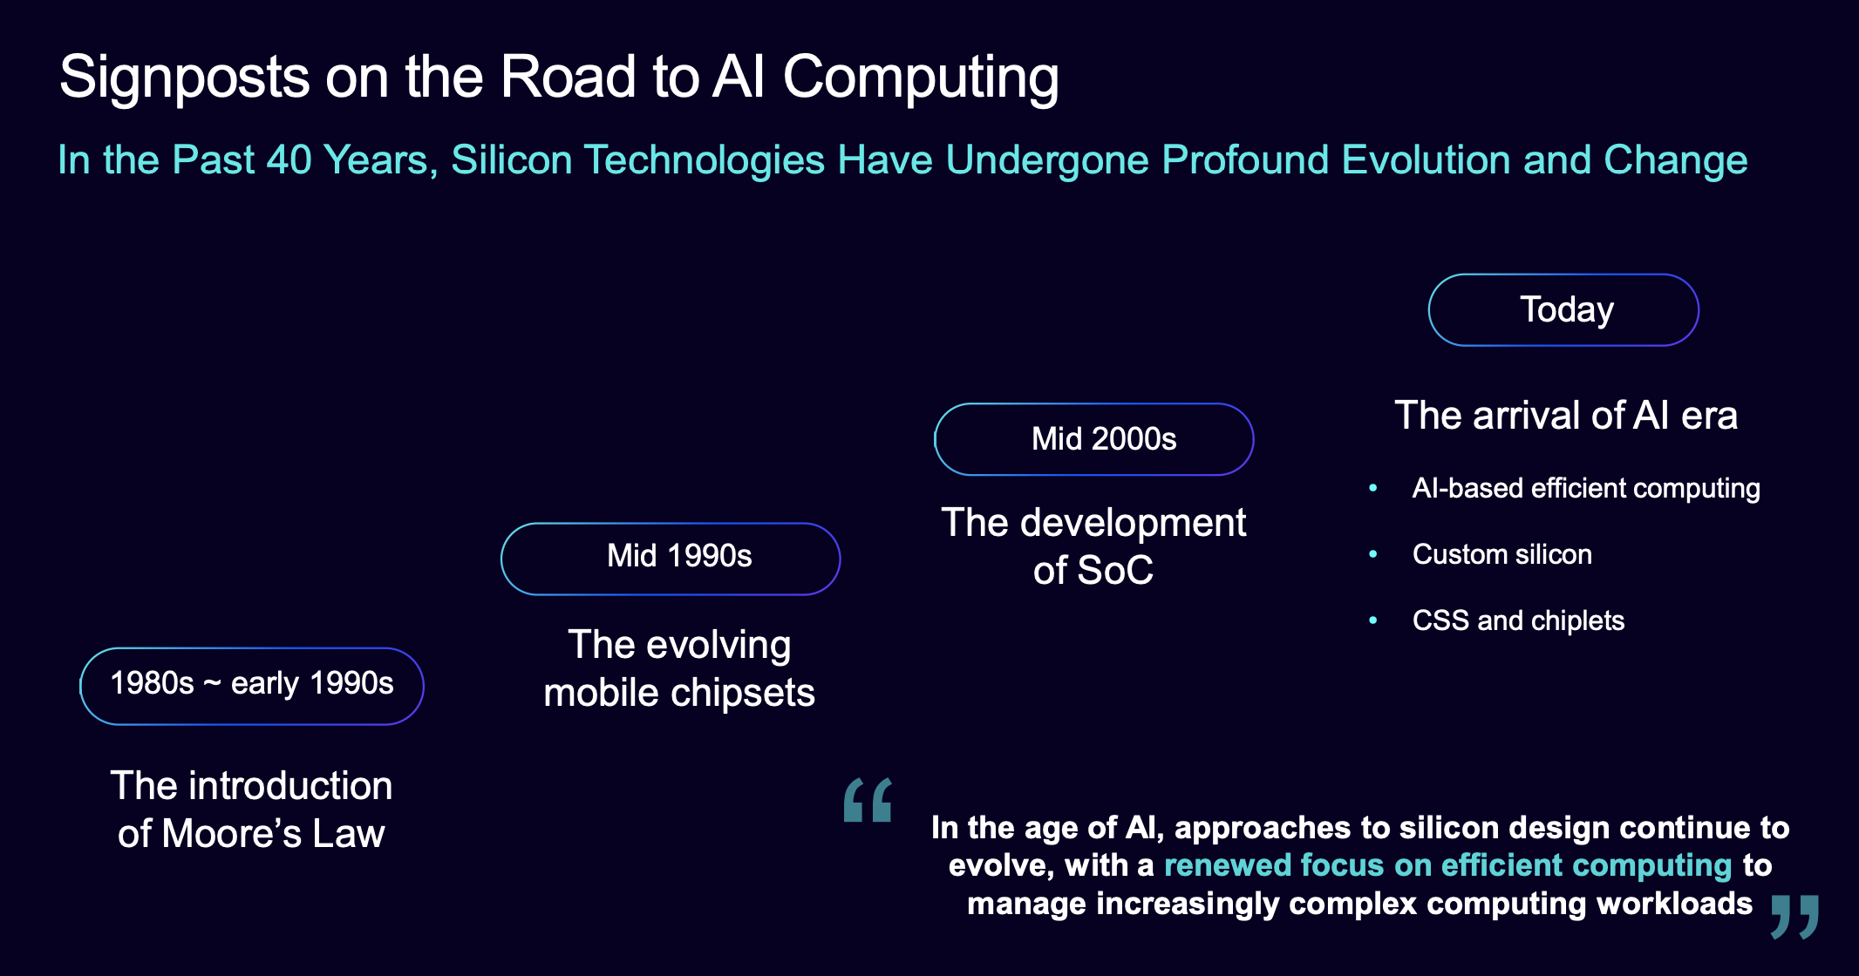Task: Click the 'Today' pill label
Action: coord(1566,309)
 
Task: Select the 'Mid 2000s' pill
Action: coord(1093,439)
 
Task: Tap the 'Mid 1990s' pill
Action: coord(671,559)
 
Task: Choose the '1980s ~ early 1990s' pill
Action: coord(252,686)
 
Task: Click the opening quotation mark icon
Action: coord(868,800)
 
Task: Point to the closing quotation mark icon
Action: coord(1794,917)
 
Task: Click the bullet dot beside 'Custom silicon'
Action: coord(1373,554)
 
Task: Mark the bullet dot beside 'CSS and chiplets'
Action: coord(1373,620)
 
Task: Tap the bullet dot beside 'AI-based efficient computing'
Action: coord(1373,488)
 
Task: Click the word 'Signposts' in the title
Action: coord(185,78)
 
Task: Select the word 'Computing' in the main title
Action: coord(921,78)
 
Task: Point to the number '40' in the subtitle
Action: coord(289,159)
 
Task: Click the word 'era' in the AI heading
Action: coord(1709,417)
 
